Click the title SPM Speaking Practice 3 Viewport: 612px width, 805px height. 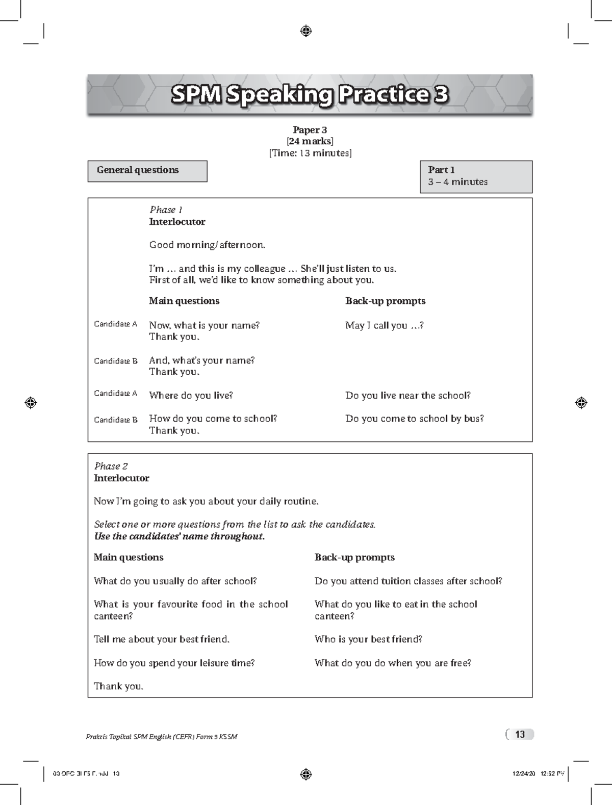tap(310, 95)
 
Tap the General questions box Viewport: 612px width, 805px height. tap(147, 171)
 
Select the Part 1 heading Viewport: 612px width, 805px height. tap(441, 170)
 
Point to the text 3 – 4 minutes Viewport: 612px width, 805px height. tap(457, 182)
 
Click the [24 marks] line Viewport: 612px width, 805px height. tap(310, 141)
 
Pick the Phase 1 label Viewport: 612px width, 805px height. tap(166, 210)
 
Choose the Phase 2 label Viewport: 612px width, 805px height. tap(111, 466)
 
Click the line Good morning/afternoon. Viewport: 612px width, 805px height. tap(207, 245)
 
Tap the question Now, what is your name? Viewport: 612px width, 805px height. tap(204, 325)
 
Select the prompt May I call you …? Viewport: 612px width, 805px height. tap(384, 325)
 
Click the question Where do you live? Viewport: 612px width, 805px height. tap(191, 395)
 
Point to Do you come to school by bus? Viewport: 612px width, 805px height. tap(414, 419)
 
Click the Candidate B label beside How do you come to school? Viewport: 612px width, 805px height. tap(116, 420)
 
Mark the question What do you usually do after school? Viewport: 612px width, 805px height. tap(175, 581)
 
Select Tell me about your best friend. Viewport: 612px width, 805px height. tap(161, 639)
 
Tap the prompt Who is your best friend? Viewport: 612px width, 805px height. tap(368, 639)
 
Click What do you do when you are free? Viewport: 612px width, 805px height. tap(393, 663)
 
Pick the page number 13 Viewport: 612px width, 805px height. tap(520, 734)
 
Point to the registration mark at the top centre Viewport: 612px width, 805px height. tap(306, 32)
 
